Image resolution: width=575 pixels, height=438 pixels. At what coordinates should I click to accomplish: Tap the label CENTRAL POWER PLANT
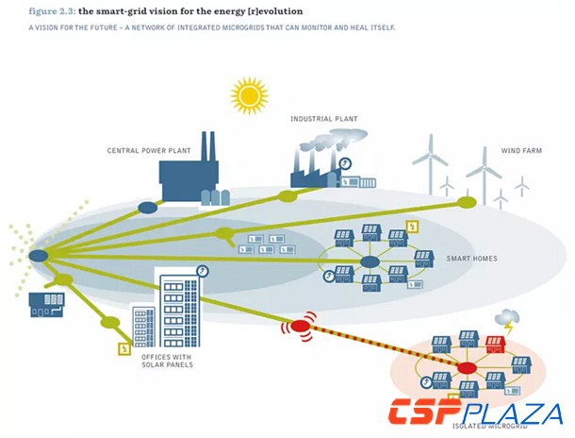click(149, 150)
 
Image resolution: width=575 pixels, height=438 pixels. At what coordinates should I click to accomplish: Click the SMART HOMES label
click(472, 257)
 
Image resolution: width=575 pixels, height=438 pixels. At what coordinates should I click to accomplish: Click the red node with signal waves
click(301, 327)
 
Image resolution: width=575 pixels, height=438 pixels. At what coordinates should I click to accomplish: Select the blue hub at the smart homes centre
click(370, 261)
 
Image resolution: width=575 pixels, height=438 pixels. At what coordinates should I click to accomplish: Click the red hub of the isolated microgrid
click(466, 367)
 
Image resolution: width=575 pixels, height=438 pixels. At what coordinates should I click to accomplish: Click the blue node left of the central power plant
click(148, 207)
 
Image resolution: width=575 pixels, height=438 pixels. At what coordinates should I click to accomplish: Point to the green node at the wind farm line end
click(466, 202)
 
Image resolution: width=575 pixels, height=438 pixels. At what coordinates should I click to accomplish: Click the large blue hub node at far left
click(39, 255)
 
